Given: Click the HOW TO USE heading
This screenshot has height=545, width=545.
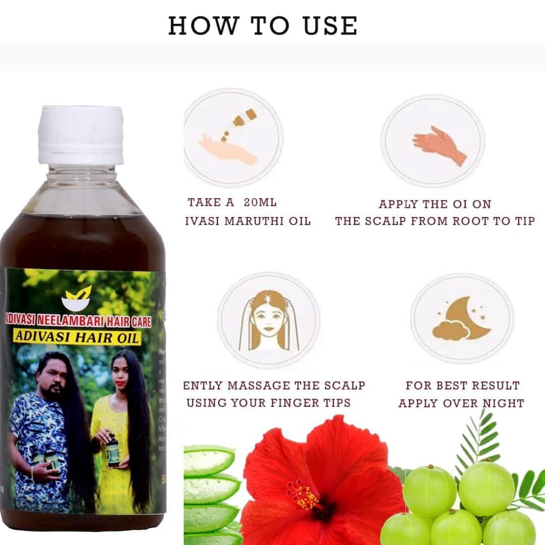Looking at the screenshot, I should pyautogui.click(x=262, y=26).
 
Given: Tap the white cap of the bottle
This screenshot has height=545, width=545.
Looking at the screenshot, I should pyautogui.click(x=81, y=135).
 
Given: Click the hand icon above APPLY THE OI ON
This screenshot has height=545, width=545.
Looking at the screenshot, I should pyautogui.click(x=439, y=144).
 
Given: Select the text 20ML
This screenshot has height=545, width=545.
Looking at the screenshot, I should pyautogui.click(x=260, y=202).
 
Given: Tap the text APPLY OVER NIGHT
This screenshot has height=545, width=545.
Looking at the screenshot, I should pyautogui.click(x=461, y=403).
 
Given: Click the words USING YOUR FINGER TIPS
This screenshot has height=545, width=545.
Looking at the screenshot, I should pyautogui.click(x=268, y=403).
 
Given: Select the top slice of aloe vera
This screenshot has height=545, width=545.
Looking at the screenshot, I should pyautogui.click(x=208, y=460).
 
